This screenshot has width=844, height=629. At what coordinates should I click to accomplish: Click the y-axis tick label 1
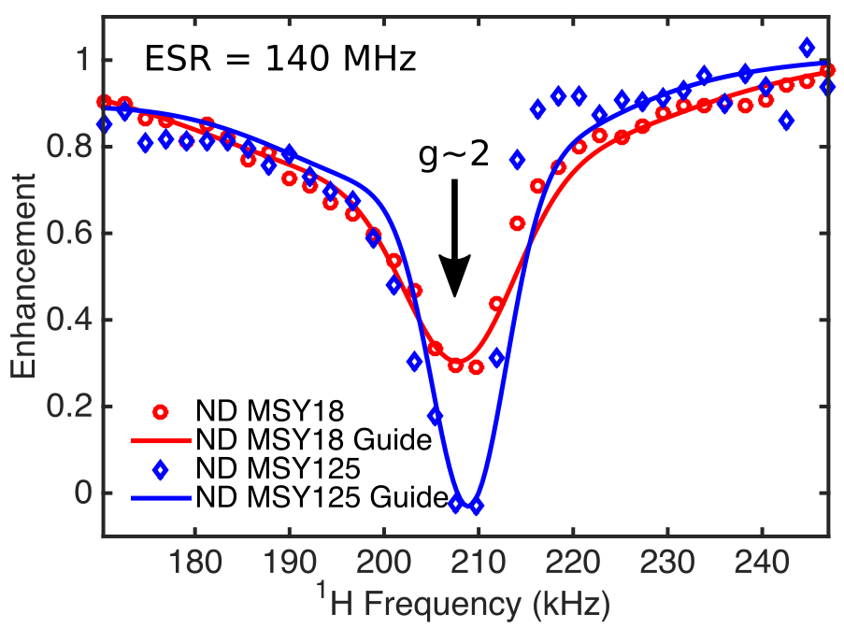(80, 61)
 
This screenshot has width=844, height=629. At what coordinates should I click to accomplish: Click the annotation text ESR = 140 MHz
(279, 61)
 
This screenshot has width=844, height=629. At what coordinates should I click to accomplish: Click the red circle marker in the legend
(160, 410)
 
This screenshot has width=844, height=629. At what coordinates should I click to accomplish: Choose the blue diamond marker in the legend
(160, 468)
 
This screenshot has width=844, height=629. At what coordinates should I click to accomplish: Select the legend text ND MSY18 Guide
(314, 439)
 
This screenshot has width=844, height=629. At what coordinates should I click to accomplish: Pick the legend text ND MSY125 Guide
(322, 497)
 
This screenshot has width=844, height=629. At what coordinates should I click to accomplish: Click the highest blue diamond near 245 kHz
(807, 48)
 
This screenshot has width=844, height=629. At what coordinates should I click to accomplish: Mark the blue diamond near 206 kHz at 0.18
(435, 416)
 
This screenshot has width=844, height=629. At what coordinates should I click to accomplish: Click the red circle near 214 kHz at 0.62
(517, 223)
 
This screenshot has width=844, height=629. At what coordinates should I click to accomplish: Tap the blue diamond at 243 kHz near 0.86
(786, 120)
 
